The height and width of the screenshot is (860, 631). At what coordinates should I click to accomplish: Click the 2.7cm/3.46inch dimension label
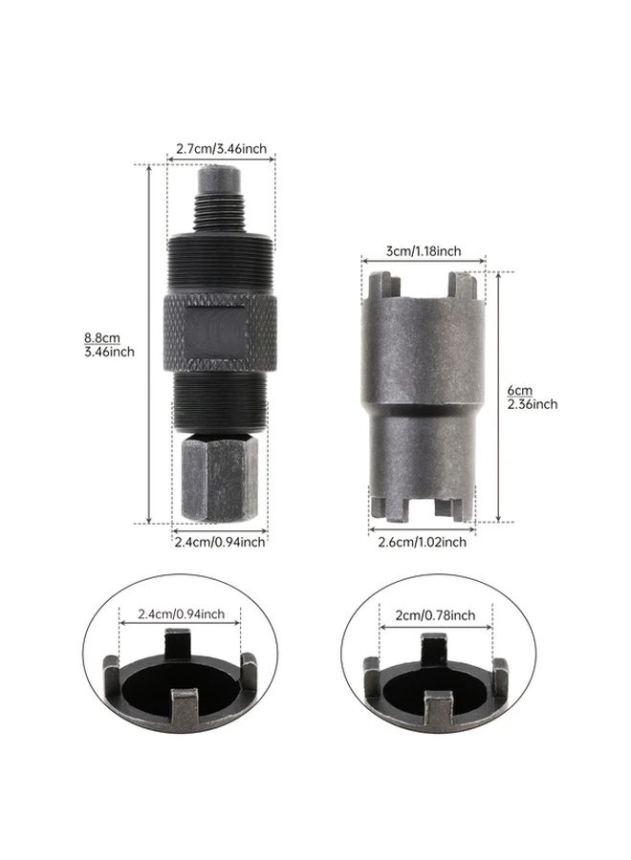click(x=221, y=149)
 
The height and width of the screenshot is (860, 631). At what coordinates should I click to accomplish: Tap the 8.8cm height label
click(x=102, y=338)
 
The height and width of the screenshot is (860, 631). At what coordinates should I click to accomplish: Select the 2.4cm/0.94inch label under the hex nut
click(x=220, y=542)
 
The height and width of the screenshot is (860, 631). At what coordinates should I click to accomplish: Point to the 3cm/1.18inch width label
click(x=424, y=251)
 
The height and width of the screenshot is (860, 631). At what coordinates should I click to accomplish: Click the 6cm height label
click(x=519, y=391)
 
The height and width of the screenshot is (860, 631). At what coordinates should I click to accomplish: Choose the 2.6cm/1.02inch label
click(x=422, y=542)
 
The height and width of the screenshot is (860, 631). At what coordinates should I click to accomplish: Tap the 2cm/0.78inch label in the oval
click(x=436, y=615)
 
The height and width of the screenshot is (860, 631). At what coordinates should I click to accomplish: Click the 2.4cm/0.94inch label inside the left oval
click(x=181, y=613)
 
